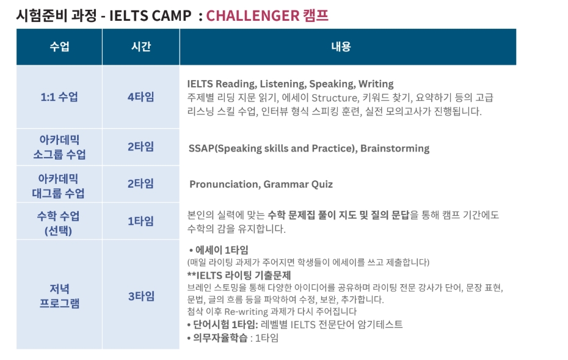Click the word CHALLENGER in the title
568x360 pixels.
tap(253, 16)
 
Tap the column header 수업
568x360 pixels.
tap(59, 46)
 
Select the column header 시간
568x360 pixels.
tap(141, 46)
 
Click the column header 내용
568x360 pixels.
tap(341, 46)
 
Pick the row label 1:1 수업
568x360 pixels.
tap(59, 97)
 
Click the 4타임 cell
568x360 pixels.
tap(141, 97)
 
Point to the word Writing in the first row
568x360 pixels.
tap(376, 84)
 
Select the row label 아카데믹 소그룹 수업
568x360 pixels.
tap(59, 147)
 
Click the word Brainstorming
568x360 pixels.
tap(395, 149)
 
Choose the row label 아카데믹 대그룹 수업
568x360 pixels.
tap(58, 186)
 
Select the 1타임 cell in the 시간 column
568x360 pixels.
tap(141, 221)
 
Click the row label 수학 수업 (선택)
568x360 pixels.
tap(58, 223)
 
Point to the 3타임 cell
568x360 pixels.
tap(141, 296)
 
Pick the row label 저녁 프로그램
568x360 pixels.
tap(59, 296)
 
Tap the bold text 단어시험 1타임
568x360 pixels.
tap(225, 324)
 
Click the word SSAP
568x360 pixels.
tap(202, 149)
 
